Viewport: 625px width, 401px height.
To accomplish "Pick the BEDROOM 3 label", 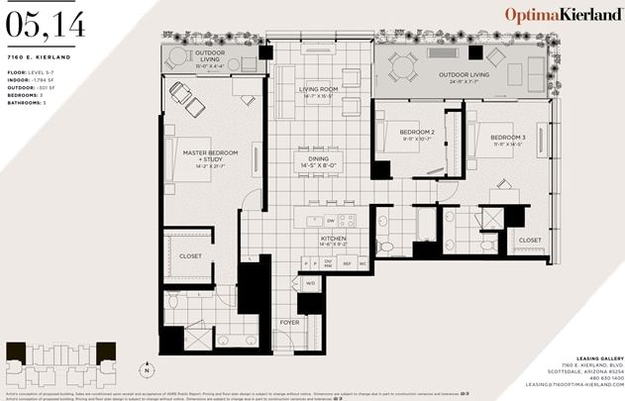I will click(507, 139).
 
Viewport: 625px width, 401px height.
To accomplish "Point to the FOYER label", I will click(289, 322).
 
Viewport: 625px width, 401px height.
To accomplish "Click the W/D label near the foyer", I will click(310, 283).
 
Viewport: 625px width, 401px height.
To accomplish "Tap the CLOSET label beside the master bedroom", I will click(191, 255).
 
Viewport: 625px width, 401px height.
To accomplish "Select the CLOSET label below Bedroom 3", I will click(529, 240).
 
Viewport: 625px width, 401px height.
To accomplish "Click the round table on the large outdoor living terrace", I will click(402, 66).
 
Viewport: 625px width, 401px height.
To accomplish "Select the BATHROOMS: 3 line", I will click(29, 102).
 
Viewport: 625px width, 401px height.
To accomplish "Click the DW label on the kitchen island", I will click(330, 220).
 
